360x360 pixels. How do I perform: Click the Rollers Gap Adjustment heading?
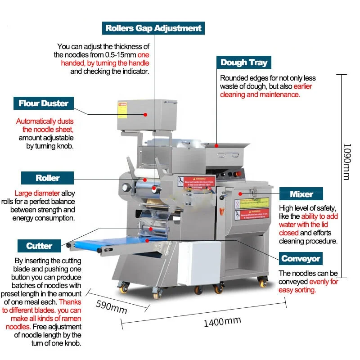point(153,28)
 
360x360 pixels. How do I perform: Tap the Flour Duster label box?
point(43,103)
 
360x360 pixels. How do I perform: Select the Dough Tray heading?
point(243,63)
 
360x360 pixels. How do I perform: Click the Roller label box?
point(48,178)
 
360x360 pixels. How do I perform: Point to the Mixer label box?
point(301,194)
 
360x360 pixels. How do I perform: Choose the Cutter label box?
point(39,246)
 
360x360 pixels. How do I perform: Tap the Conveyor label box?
point(301,258)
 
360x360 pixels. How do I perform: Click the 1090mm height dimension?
point(346,162)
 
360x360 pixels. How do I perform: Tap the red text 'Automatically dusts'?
point(45,121)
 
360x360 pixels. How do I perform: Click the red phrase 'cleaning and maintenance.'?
point(260,94)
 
